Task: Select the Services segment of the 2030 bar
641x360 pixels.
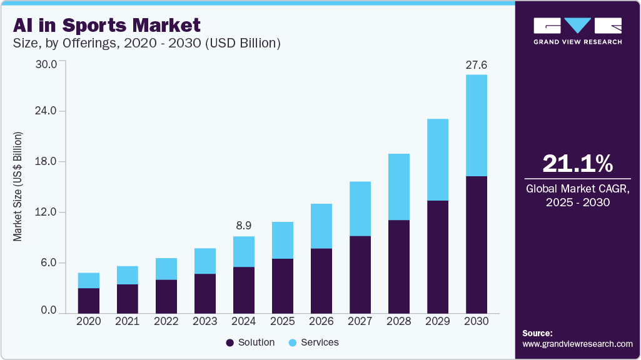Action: (x=477, y=125)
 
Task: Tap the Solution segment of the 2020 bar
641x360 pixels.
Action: (x=89, y=300)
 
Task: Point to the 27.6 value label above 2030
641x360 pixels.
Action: (x=477, y=64)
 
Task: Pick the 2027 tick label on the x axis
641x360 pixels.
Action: (x=360, y=321)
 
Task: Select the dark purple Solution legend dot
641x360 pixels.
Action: (x=230, y=342)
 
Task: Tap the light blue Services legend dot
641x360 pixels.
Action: (x=293, y=342)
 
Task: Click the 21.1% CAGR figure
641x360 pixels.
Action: (x=577, y=163)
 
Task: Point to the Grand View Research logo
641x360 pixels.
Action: (x=577, y=31)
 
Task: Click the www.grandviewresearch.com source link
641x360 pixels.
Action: (x=577, y=344)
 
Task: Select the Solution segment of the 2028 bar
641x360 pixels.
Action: (x=399, y=266)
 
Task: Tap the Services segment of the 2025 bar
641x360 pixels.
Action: (x=283, y=240)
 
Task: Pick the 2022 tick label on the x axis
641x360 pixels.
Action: (x=166, y=321)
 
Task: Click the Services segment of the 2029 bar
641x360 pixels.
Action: (x=438, y=159)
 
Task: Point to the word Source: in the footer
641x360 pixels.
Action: (x=537, y=333)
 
